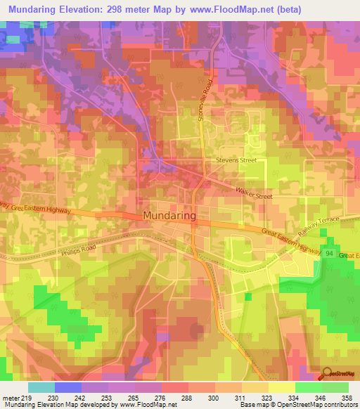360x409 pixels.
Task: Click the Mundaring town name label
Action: pyautogui.click(x=169, y=216)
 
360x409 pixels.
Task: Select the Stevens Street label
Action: pyautogui.click(x=236, y=160)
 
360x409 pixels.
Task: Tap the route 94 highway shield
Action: pyautogui.click(x=329, y=251)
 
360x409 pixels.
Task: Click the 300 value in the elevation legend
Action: pyautogui.click(x=214, y=397)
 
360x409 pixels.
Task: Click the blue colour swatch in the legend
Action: pyautogui.click(x=68, y=387)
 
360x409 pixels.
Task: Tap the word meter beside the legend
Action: pyautogui.click(x=9, y=397)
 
